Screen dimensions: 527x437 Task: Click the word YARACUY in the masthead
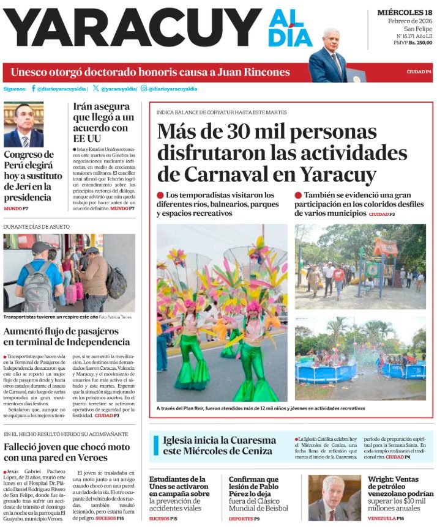coord(132,28)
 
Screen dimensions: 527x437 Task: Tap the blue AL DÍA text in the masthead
coord(289,28)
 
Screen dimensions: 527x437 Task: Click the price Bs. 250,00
coord(420,59)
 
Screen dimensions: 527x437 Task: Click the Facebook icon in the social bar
coord(33,89)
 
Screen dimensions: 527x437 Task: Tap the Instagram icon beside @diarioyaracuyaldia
coord(144,89)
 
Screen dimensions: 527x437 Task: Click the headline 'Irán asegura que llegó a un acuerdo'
coord(101,123)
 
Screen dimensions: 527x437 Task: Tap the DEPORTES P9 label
coord(244,518)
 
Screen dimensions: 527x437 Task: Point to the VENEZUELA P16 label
coord(386,518)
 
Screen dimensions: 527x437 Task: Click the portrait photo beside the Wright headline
coord(334,498)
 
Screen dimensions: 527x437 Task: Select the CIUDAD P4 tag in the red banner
coord(419,72)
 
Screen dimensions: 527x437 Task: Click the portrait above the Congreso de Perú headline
coord(24,124)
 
